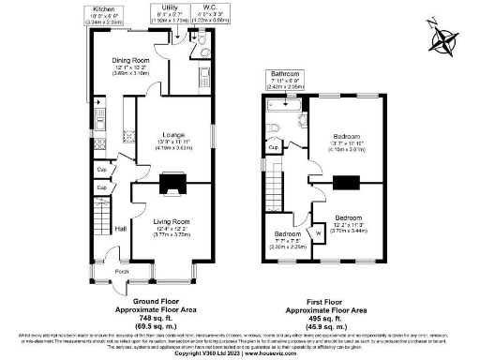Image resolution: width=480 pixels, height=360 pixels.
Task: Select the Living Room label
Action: (171, 220)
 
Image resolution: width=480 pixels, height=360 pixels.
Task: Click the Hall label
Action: (120, 228)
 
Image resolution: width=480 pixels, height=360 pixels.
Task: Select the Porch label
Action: (122, 273)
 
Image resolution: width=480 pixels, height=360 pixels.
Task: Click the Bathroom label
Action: (285, 73)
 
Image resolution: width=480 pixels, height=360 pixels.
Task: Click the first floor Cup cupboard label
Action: (273, 148)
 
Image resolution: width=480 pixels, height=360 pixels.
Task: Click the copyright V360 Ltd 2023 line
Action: (240, 354)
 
